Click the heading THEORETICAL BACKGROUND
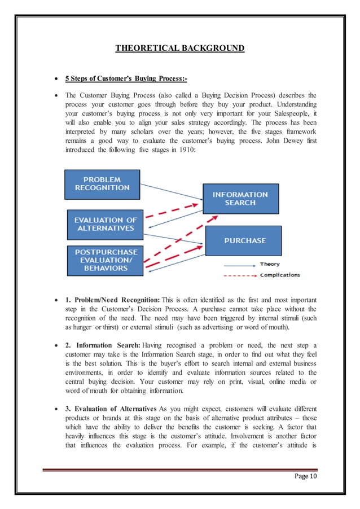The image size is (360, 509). pos(179,48)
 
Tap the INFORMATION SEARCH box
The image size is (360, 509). pos(240,198)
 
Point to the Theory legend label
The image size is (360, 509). pos(270,264)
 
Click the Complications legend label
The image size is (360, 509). pos(280,275)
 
